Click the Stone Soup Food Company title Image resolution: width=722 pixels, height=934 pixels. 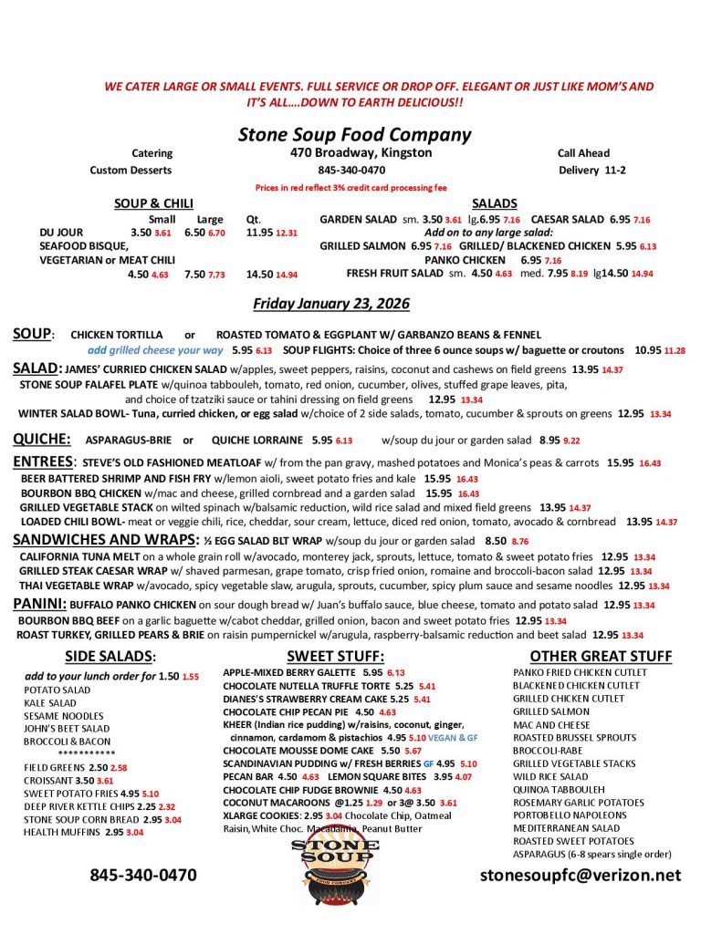[354, 134]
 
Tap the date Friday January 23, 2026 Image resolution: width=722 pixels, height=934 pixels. [330, 303]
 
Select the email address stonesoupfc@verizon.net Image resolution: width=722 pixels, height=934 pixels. [581, 875]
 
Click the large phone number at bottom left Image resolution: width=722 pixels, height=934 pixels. [142, 875]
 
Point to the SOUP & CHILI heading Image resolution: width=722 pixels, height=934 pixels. [153, 203]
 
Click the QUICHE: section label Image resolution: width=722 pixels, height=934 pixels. [42, 438]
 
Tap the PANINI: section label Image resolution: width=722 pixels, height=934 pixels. [39, 605]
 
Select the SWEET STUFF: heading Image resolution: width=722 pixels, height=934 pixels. [335, 656]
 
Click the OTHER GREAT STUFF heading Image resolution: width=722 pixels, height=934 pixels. [601, 656]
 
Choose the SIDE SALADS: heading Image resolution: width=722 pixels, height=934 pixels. [110, 656]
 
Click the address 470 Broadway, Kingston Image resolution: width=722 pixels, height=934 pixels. [361, 152]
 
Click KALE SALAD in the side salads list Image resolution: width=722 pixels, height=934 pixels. [50, 703]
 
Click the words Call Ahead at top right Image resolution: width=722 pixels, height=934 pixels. [583, 153]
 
